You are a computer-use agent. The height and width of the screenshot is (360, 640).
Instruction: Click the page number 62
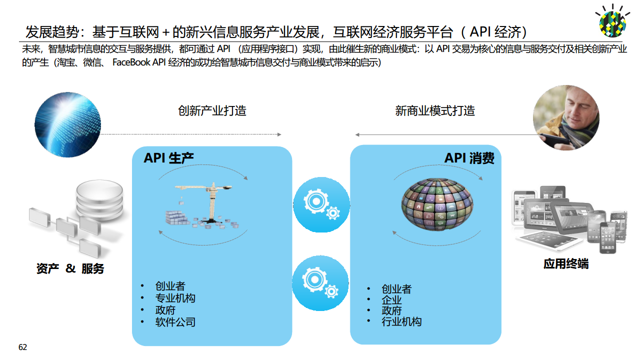(x=22, y=347)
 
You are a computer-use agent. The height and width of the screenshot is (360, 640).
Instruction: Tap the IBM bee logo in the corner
(x=612, y=21)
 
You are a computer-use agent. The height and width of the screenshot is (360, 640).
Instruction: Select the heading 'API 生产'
(x=168, y=158)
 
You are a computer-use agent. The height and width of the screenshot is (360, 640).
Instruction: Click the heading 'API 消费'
(x=469, y=158)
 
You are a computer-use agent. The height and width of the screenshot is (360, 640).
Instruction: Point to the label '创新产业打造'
(x=212, y=110)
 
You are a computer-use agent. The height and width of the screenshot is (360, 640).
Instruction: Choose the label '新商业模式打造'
(x=434, y=110)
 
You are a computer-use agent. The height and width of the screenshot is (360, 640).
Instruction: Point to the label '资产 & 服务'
(x=70, y=268)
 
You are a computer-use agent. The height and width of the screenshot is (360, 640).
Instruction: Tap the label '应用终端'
(x=565, y=263)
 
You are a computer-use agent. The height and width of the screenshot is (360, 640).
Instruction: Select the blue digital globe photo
(x=67, y=124)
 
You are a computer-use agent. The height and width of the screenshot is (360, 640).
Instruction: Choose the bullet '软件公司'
(x=175, y=322)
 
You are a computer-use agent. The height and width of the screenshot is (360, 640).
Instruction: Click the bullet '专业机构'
(x=175, y=298)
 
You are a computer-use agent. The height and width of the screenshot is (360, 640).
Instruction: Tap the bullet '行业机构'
(x=401, y=321)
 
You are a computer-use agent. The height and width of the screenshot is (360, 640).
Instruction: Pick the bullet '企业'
(x=391, y=300)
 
